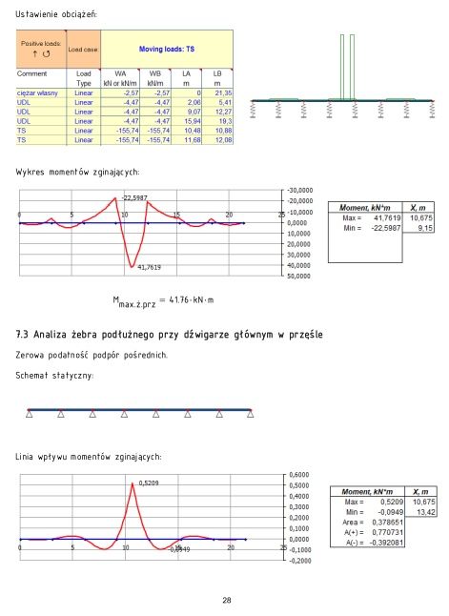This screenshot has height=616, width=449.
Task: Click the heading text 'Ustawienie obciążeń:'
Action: pos(56,15)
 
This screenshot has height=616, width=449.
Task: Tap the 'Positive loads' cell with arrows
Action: pos(41,47)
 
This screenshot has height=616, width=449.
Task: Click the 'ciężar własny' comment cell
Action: pos(38,93)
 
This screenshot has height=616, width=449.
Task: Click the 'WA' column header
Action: pos(120,72)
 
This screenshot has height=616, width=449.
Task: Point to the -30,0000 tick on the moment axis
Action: pos(299,190)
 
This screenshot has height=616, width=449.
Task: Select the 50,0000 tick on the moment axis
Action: pos(299,277)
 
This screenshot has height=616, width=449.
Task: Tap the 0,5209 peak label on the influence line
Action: pos(148,483)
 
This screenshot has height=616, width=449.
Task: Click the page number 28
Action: pos(226,600)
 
